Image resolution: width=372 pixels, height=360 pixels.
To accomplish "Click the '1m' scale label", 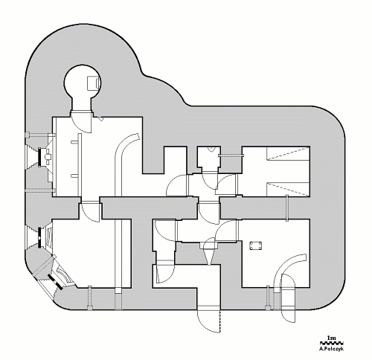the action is pyautogui.click(x=331, y=338).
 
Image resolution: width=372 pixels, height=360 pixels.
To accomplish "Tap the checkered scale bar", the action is pyautogui.click(x=331, y=343).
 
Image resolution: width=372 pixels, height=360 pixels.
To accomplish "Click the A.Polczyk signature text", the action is pyautogui.click(x=331, y=348).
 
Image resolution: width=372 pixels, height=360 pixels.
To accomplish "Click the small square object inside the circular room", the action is pyautogui.click(x=94, y=83).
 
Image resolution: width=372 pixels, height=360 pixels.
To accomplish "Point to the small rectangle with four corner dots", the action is pyautogui.click(x=256, y=245).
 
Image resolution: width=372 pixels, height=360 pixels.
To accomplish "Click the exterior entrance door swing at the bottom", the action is pyautogui.click(x=208, y=320).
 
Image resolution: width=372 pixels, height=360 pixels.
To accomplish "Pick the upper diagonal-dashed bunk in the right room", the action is pyautogui.click(x=288, y=153).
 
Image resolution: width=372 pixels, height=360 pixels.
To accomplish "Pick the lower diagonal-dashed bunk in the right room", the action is pyautogui.click(x=288, y=189).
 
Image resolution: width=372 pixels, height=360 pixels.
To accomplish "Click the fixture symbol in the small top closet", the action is pyautogui.click(x=211, y=149).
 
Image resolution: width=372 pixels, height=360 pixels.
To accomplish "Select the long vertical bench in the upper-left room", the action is pyautogui.click(x=80, y=165).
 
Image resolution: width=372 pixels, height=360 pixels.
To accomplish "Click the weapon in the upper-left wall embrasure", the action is pyautogui.click(x=47, y=157).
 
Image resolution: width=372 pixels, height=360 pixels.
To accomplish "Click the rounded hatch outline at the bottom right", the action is pyautogui.click(x=288, y=298).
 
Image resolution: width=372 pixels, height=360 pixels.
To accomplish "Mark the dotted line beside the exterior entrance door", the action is pyautogui.click(x=220, y=321).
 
